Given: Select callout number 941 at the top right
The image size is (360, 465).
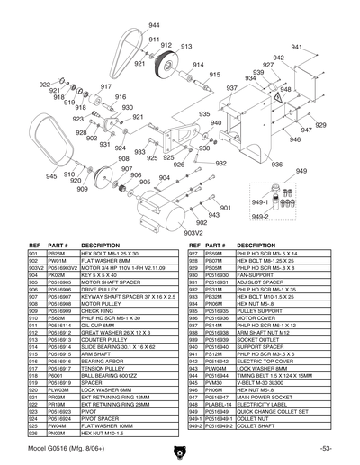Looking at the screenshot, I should pos(296,46).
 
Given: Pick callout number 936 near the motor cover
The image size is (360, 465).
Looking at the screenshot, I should pos(276,165).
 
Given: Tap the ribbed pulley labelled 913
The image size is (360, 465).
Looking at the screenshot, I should pos(167,65).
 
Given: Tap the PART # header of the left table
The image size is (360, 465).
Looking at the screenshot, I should pos(58,246).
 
